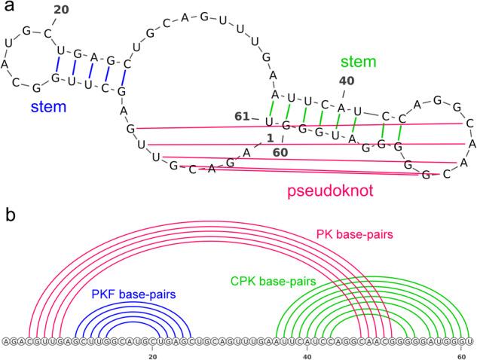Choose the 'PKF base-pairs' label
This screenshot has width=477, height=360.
click(x=130, y=293)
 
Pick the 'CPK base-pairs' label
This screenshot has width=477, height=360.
click(x=273, y=282)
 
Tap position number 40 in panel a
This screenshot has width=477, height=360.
click(x=345, y=81)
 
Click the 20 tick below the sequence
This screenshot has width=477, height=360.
click(x=152, y=352)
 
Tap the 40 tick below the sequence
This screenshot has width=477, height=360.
click(x=307, y=352)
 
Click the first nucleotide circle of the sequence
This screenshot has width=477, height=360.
click(x=6, y=341)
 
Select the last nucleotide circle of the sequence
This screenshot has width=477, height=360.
click(x=469, y=341)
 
